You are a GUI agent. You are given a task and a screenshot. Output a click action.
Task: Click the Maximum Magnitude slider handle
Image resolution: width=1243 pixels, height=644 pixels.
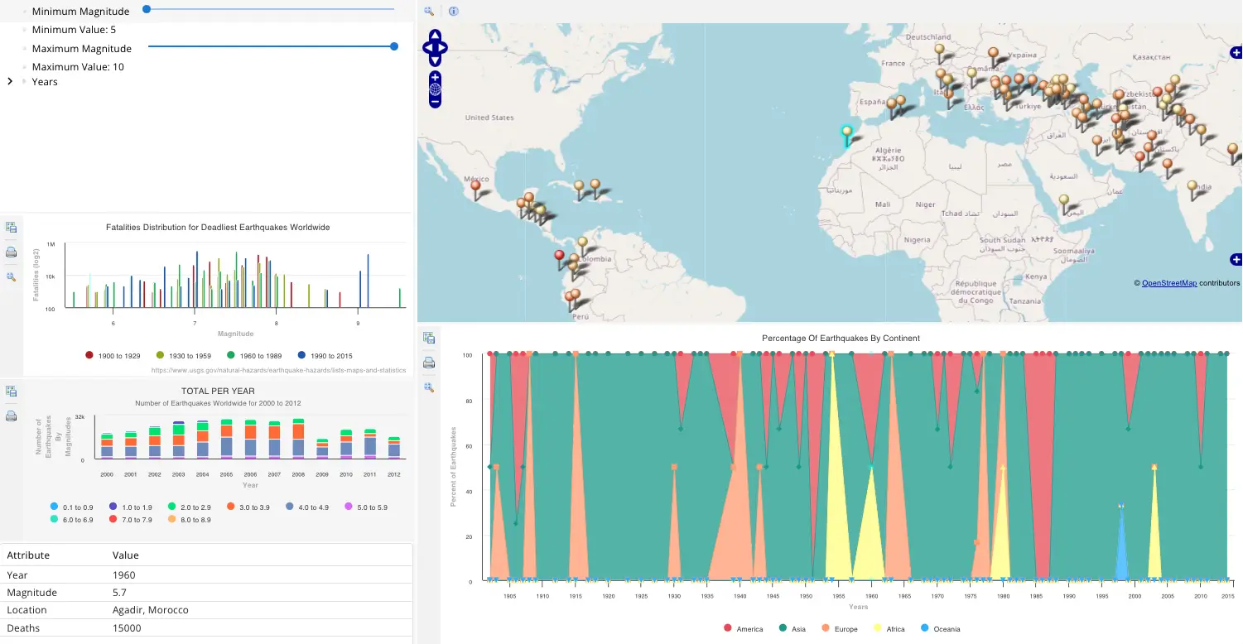(x=394, y=46)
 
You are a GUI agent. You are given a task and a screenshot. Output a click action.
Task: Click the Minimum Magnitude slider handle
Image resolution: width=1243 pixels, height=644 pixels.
(x=147, y=9)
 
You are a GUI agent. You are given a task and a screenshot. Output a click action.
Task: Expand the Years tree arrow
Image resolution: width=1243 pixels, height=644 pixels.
(x=10, y=81)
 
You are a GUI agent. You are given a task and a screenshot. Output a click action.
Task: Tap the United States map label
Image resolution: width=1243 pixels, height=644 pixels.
(x=489, y=118)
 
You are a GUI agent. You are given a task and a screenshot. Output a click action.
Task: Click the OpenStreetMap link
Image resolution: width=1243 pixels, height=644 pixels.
(x=1168, y=283)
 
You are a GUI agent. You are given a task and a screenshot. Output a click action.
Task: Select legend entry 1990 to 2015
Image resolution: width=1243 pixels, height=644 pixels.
(x=325, y=355)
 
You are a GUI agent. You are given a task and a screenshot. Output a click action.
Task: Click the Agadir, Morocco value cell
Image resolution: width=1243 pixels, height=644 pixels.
(x=150, y=610)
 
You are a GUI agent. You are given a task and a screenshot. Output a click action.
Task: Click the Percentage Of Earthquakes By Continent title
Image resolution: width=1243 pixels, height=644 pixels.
(x=841, y=338)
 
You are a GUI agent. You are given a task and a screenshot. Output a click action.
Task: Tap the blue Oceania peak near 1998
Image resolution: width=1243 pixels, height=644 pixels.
(x=1121, y=507)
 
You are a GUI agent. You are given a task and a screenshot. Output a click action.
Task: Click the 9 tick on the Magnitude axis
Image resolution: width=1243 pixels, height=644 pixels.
(x=358, y=324)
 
